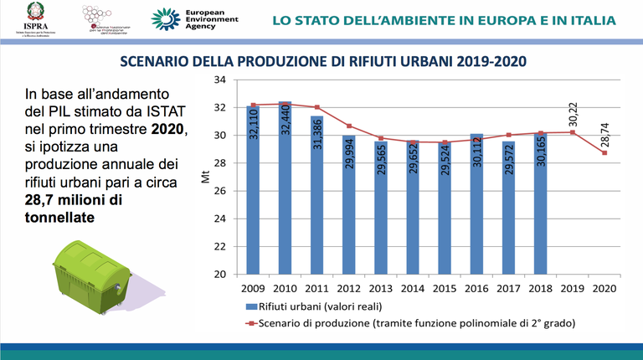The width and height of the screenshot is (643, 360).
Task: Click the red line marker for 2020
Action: [604, 152]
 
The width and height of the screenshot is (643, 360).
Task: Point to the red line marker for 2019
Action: [572, 132]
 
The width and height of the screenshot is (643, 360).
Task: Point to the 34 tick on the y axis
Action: [221, 80]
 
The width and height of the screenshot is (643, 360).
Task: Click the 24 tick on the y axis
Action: [221, 219]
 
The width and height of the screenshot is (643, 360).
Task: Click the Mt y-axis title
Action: [207, 177]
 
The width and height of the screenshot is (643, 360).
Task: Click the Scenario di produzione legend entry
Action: [402, 322]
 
